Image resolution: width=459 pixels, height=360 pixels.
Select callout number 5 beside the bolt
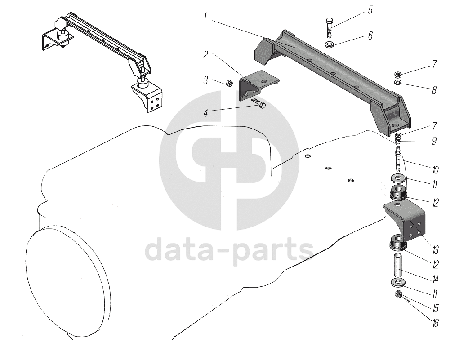(x=370, y=10)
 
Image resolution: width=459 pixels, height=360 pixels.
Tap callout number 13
(x=435, y=249)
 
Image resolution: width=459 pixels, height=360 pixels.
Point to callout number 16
(x=435, y=323)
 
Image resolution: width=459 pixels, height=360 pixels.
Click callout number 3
(x=205, y=81)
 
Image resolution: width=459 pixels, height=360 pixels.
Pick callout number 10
(x=435, y=170)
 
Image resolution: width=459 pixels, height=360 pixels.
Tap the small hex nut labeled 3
(x=228, y=83)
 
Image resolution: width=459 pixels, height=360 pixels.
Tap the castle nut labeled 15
(x=398, y=294)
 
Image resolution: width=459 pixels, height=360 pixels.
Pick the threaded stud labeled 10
(x=398, y=160)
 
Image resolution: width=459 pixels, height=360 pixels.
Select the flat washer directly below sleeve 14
(x=398, y=283)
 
